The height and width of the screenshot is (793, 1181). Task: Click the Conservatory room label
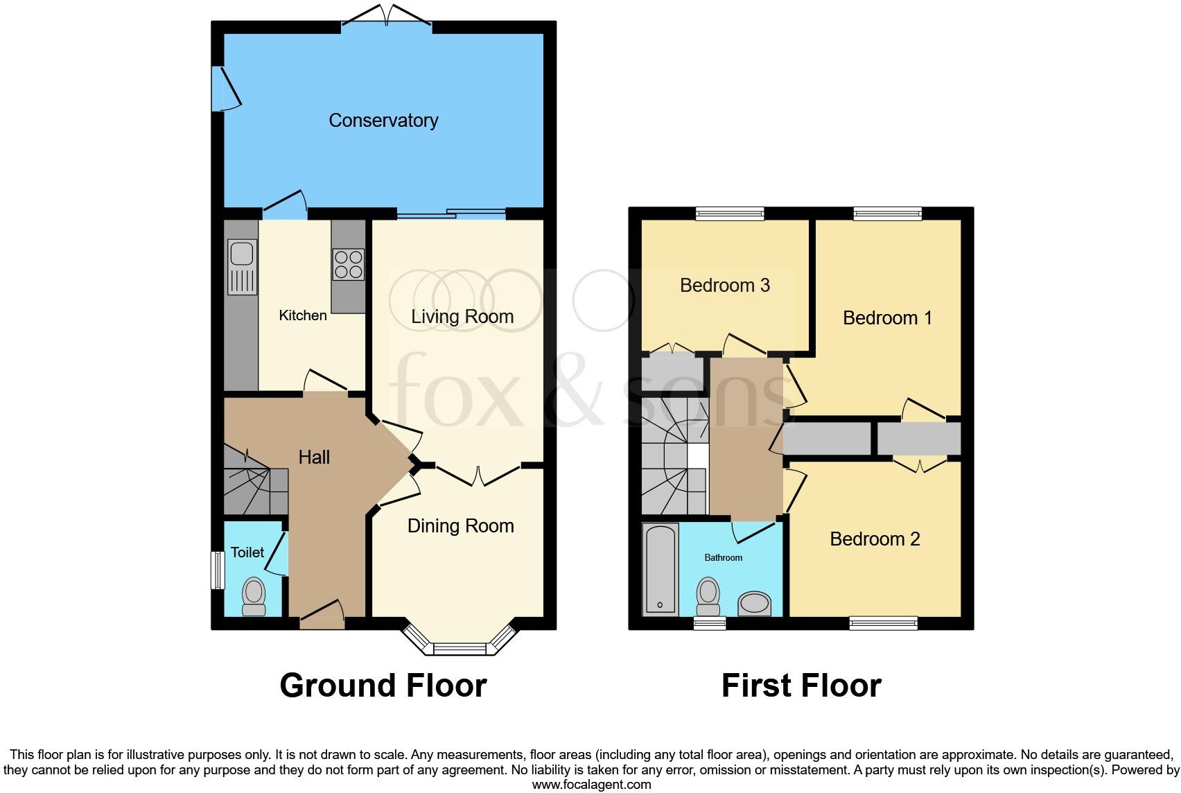click(383, 121)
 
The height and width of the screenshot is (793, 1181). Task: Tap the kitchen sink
click(242, 254)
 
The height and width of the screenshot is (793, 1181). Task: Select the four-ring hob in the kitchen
click(349, 264)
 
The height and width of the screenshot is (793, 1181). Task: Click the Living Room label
click(462, 317)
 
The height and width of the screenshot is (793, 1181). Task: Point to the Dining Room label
click(460, 526)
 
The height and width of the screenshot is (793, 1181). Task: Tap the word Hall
click(314, 458)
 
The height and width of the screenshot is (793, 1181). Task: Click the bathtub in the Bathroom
click(661, 569)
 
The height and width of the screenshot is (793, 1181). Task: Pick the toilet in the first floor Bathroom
click(708, 596)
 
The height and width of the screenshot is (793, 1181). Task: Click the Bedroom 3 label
click(725, 286)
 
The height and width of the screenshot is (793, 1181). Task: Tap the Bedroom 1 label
click(887, 318)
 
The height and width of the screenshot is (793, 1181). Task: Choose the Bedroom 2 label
click(875, 539)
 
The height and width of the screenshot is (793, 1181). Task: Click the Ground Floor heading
click(383, 686)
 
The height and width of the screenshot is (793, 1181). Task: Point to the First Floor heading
click(801, 686)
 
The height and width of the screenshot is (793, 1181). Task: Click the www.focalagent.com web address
click(591, 785)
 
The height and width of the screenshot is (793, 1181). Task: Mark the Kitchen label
click(303, 315)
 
